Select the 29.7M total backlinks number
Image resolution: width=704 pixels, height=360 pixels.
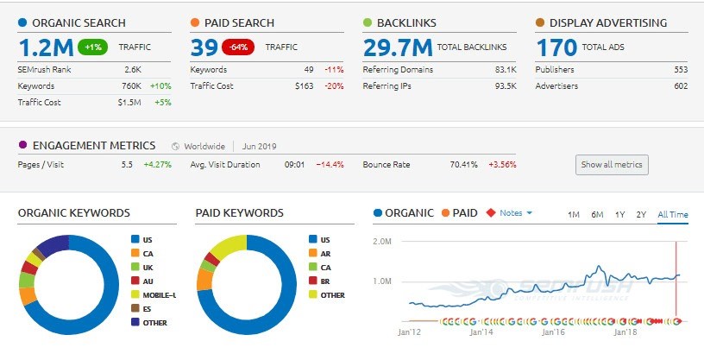pyautogui.click(x=398, y=47)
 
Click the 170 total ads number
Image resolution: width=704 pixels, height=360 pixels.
pyautogui.click(x=556, y=47)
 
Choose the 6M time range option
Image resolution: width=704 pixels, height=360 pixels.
pyautogui.click(x=597, y=214)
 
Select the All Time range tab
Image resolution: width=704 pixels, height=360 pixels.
pyautogui.click(x=673, y=214)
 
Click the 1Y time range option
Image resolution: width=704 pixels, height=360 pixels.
pyautogui.click(x=619, y=214)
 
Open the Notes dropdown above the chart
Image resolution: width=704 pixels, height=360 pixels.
pyautogui.click(x=516, y=213)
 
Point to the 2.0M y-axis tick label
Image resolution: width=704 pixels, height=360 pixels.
pyautogui.click(x=382, y=241)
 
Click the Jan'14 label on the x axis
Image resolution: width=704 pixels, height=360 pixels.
pyautogui.click(x=481, y=331)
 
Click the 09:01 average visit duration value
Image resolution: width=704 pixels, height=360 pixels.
pyautogui.click(x=297, y=164)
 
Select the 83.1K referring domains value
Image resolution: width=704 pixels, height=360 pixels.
pyautogui.click(x=505, y=69)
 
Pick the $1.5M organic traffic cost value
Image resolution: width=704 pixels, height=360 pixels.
pyautogui.click(x=130, y=102)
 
